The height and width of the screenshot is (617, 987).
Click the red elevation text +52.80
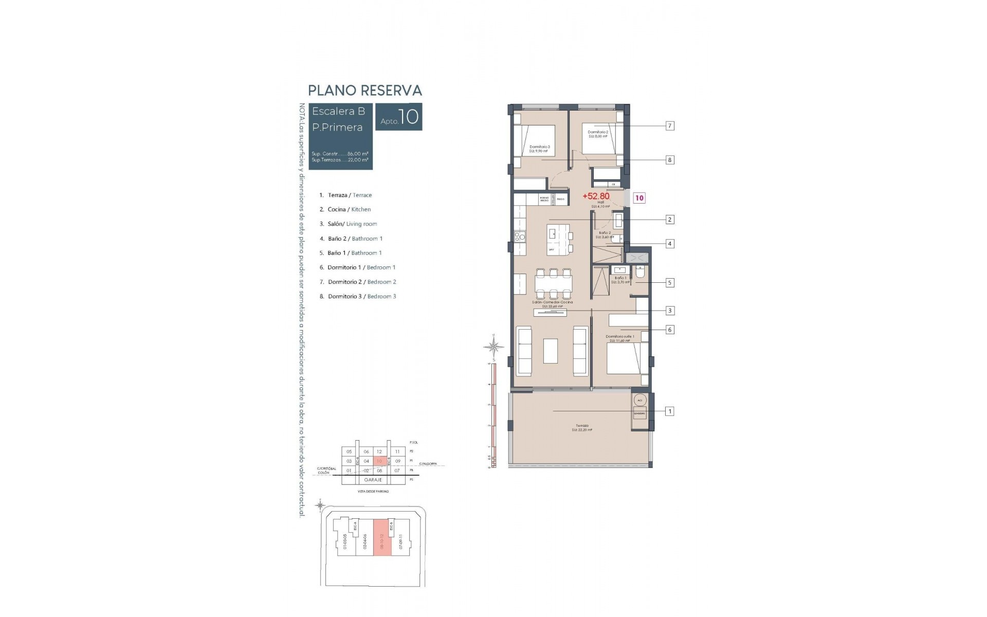click(x=596, y=196)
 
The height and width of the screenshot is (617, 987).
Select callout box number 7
click(x=669, y=126)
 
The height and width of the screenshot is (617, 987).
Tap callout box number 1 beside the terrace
click(x=669, y=411)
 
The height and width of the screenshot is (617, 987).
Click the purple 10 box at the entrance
click(x=639, y=198)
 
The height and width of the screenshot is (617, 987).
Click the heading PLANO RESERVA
click(x=364, y=90)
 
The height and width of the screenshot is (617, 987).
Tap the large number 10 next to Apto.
click(x=408, y=117)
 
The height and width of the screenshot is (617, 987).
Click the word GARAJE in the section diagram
click(x=373, y=480)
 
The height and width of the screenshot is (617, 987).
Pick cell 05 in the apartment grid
click(x=349, y=452)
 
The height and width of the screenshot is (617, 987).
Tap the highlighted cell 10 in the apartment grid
click(x=379, y=461)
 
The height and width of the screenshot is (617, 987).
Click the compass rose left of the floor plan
click(x=493, y=347)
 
